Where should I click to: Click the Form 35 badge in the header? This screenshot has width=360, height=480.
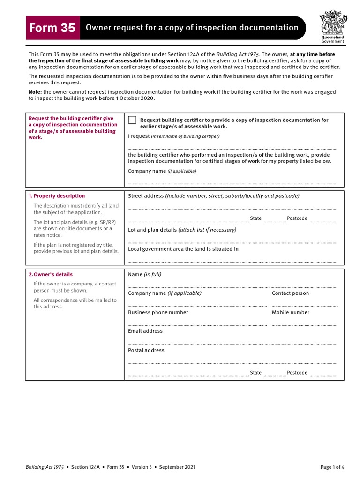pos(52,28)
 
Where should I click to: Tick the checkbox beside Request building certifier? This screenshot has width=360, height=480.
pos(132,120)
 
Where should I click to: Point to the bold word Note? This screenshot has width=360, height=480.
pos(35,92)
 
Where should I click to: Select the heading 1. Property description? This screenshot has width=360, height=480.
pos(57,196)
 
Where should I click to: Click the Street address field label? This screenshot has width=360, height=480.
pos(146,196)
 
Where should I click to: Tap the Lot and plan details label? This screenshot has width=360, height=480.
pos(152,230)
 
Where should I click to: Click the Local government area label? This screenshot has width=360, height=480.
pos(183,249)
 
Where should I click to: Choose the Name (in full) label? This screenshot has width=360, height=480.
pos(144,274)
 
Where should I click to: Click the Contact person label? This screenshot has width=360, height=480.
pos(290,293)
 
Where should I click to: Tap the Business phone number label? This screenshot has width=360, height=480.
pos(158,312)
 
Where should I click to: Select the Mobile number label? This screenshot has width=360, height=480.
pos(291,312)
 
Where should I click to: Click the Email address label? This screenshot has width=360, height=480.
pos(145,331)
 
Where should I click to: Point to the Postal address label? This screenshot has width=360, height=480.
pos(146,350)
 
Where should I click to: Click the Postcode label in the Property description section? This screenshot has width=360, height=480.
pos(297,218)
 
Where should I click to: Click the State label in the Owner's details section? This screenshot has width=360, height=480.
pos(255,373)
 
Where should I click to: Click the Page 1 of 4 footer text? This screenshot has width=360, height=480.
pos(332,467)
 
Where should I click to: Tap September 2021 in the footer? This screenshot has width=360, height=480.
pos(177,467)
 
